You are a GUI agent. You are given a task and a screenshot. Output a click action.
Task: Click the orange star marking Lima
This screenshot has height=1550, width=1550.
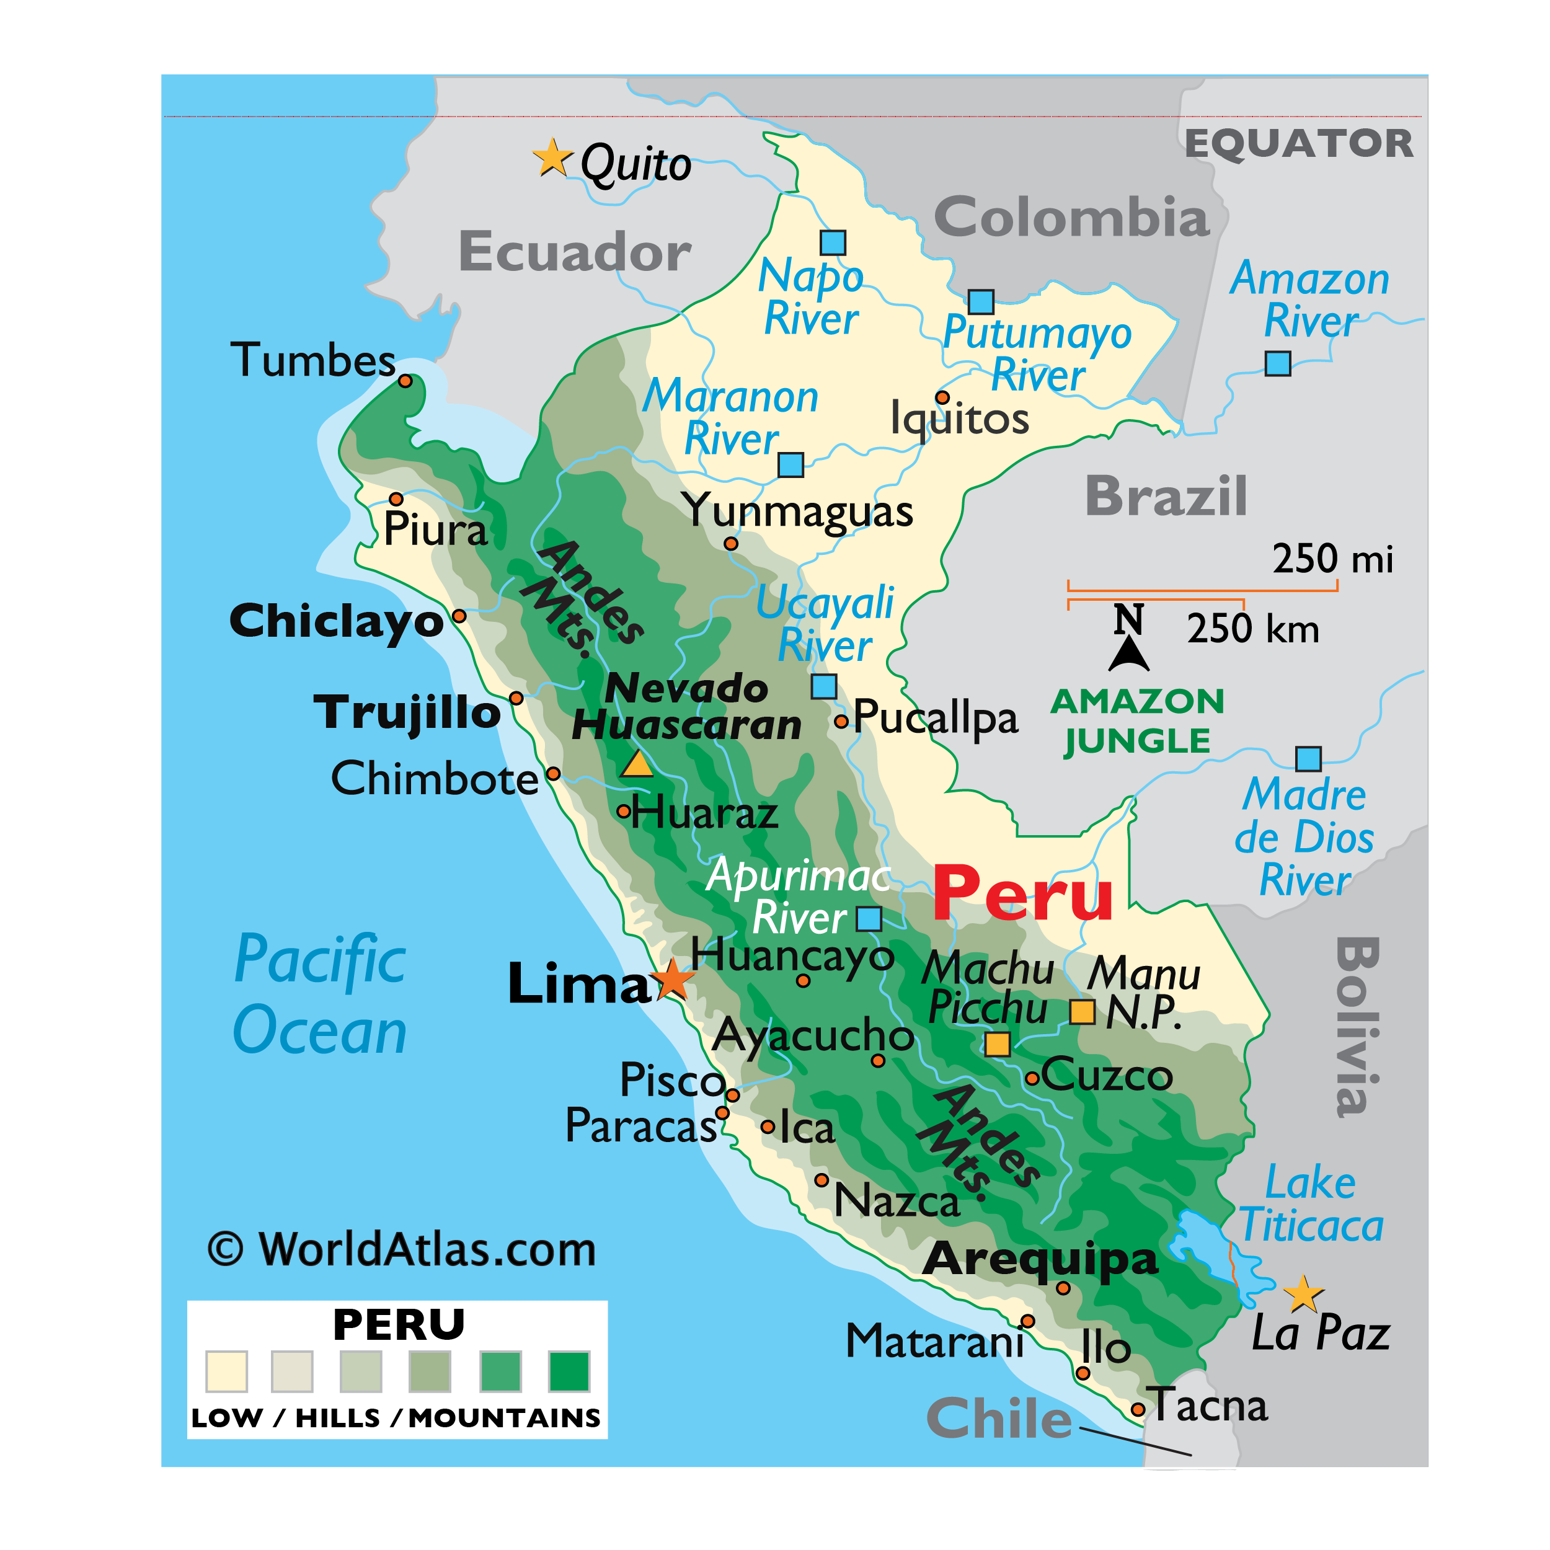(x=672, y=980)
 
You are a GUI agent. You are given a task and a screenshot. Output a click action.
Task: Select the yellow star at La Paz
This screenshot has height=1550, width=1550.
(x=1303, y=1293)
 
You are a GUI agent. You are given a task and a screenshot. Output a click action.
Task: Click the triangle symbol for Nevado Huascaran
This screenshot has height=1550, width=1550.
(x=638, y=764)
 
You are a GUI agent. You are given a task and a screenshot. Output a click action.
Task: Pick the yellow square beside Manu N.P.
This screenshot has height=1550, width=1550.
(x=1083, y=1012)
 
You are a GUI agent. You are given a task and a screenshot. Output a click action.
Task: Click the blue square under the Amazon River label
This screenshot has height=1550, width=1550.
(x=1277, y=363)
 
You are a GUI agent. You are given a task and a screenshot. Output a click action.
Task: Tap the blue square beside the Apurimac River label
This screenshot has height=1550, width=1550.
(x=869, y=919)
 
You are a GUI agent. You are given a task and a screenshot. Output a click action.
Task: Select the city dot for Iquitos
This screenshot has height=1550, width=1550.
(x=942, y=398)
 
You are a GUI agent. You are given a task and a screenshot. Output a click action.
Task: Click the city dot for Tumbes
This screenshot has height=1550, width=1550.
(x=406, y=381)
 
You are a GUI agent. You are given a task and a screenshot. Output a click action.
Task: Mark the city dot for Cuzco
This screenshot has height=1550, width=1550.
(x=1032, y=1079)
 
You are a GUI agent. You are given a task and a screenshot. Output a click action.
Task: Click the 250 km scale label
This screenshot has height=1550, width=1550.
(x=1252, y=628)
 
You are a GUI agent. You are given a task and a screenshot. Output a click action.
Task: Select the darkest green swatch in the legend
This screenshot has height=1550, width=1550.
(x=569, y=1371)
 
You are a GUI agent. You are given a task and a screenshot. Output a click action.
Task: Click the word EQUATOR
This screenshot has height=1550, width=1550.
(x=1299, y=144)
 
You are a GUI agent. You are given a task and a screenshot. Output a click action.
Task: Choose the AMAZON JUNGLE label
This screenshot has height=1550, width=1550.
(x=1137, y=720)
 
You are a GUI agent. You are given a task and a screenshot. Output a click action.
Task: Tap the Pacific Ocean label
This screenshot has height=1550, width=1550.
(x=320, y=995)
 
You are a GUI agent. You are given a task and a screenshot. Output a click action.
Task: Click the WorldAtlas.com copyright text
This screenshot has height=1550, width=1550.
(x=402, y=1249)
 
